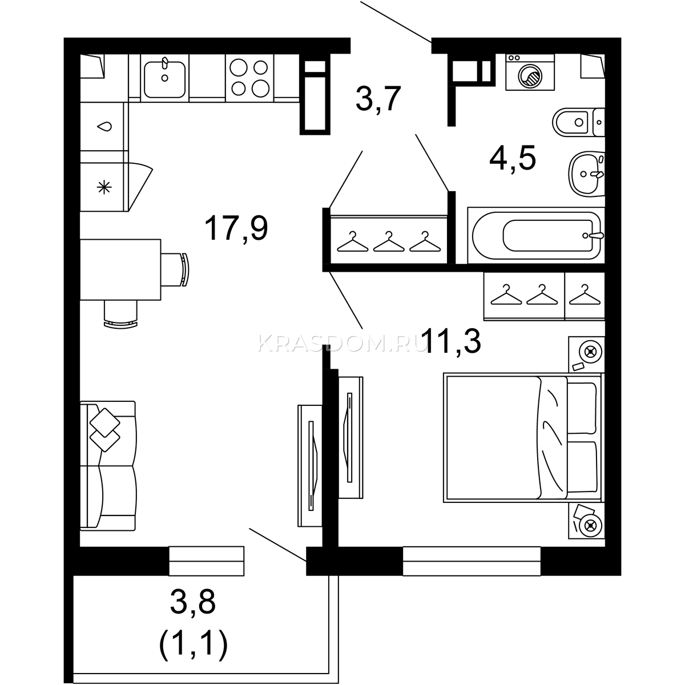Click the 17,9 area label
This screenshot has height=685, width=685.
tap(236, 229)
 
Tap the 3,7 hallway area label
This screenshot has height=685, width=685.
tap(378, 98)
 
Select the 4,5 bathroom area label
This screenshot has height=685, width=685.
tap(512, 159)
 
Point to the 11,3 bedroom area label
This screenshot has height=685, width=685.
tap(453, 341)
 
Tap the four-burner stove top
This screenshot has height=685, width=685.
tap(249, 78)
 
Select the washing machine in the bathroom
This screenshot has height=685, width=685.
tap(530, 72)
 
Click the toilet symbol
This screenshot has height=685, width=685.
tap(578, 122)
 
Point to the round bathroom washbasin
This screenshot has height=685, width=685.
tap(587, 174)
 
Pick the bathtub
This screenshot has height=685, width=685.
tap(536, 235)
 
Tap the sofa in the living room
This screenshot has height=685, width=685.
tap(108, 466)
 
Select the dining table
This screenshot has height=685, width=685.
tap(120, 269)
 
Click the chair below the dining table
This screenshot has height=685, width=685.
tap(120, 314)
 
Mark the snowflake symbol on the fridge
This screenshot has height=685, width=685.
tap(104, 187)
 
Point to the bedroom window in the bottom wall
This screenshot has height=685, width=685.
tap(472, 561)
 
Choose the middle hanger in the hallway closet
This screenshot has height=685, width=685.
tap(389, 241)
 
